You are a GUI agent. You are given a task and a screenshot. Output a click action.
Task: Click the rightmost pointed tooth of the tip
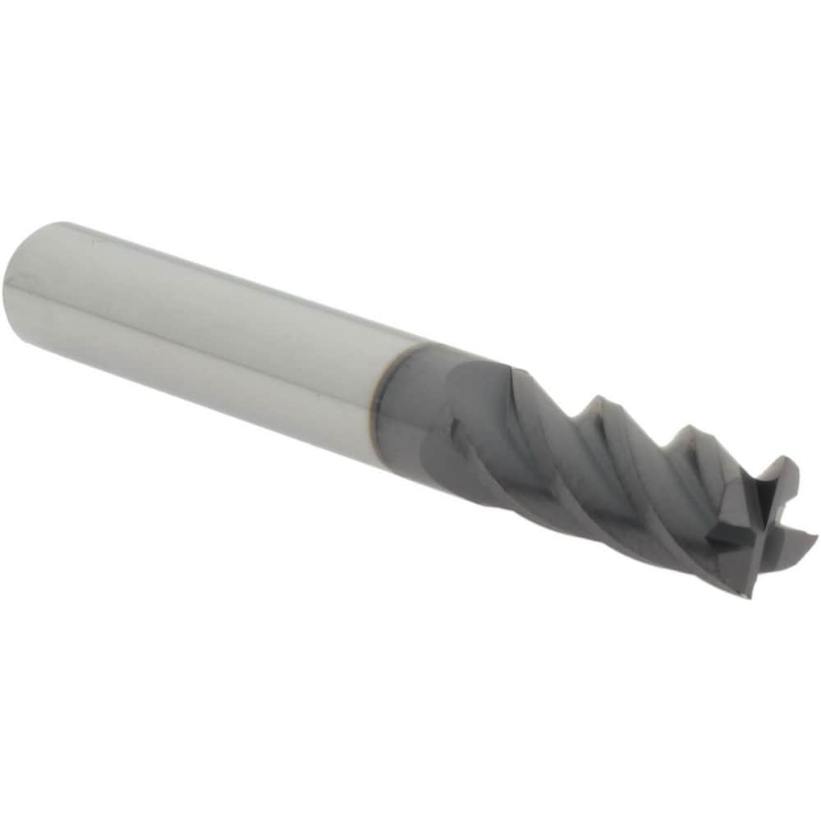click(x=813, y=538)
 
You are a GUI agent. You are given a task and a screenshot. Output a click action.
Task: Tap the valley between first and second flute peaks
click(x=566, y=419)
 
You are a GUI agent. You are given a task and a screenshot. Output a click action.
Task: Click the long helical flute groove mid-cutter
click(x=575, y=484)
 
